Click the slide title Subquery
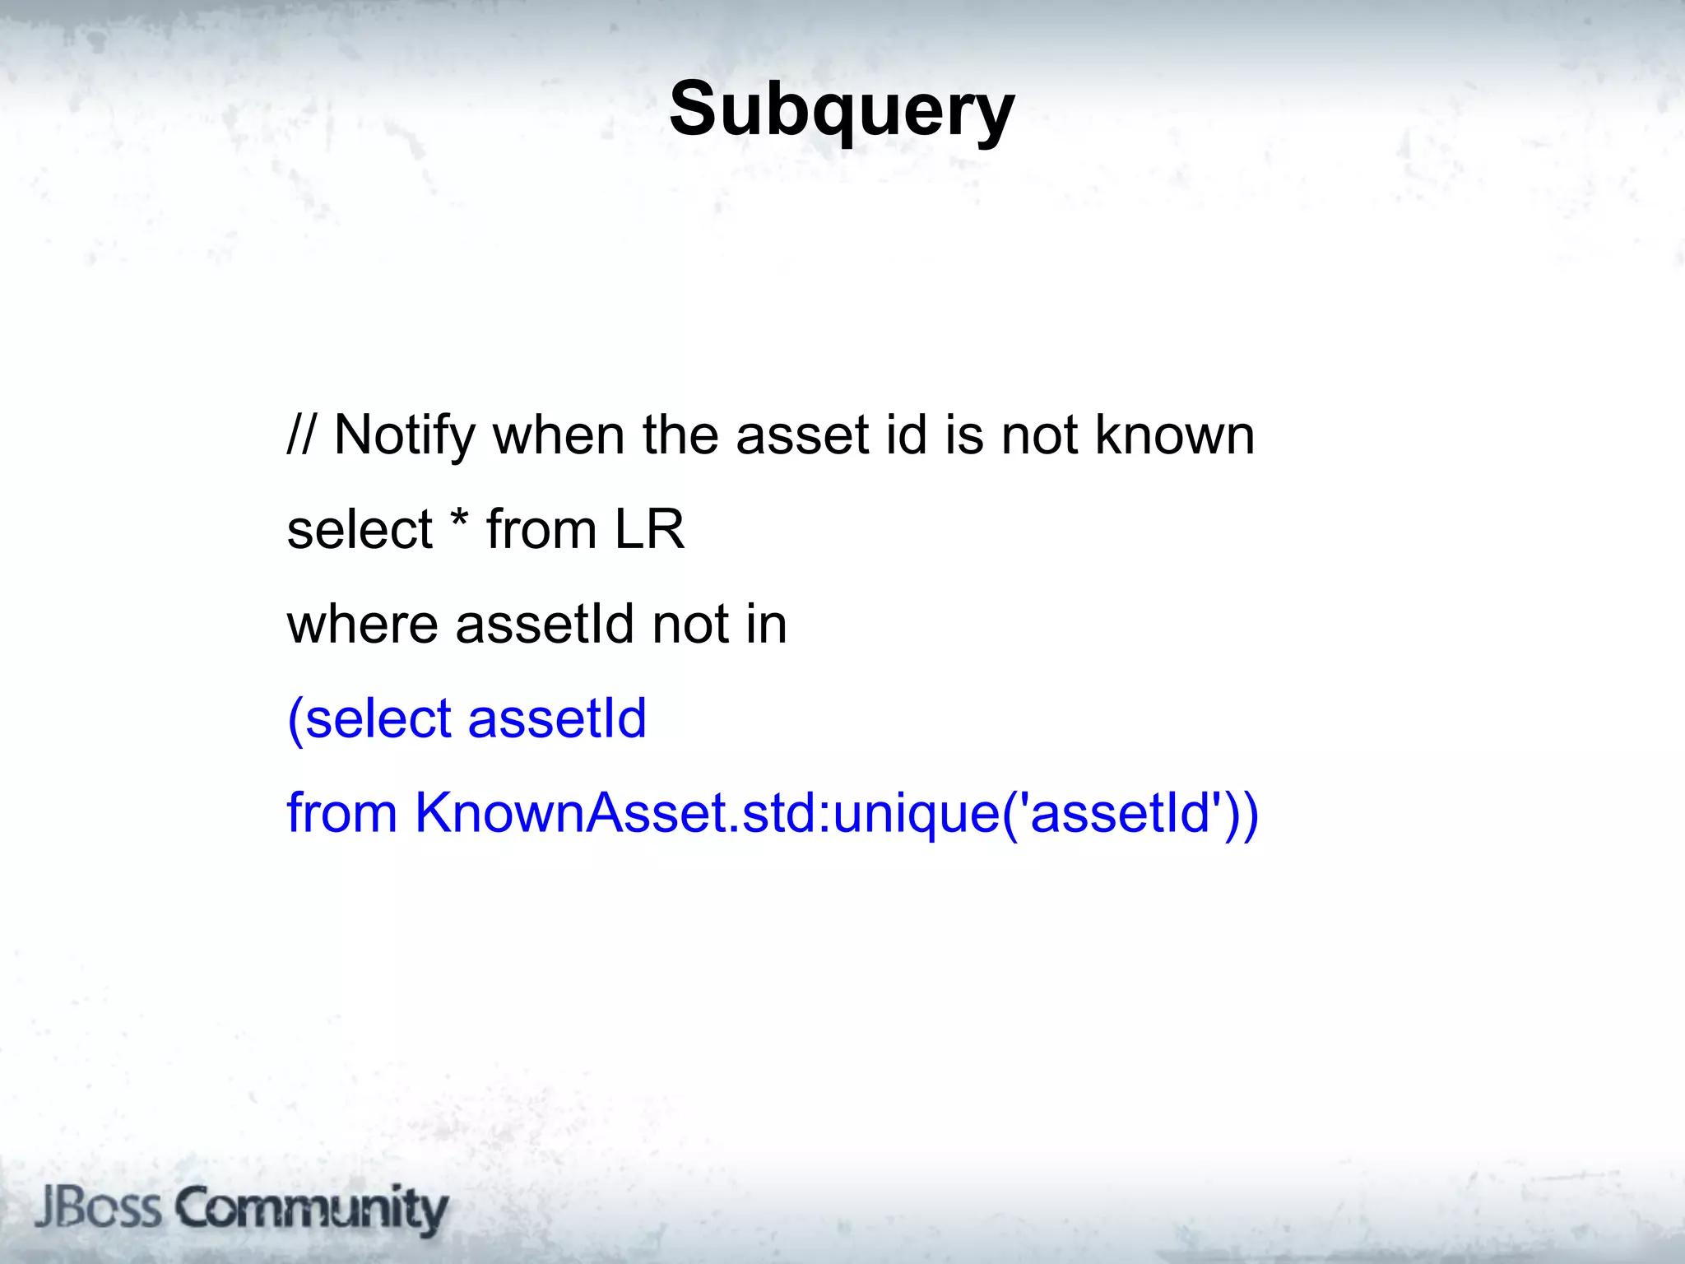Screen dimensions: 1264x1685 click(842, 110)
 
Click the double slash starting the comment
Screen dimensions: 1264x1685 click(300, 434)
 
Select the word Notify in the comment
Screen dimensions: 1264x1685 click(405, 434)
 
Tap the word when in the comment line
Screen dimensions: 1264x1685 click(559, 434)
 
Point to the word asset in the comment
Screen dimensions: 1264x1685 click(802, 434)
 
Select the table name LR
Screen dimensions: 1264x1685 click(650, 529)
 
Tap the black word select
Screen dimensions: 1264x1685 click(360, 529)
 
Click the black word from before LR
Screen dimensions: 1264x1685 click(541, 529)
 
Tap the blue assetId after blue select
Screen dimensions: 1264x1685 click(557, 718)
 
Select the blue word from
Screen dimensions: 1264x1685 click(341, 813)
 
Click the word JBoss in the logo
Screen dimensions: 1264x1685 click(98, 1208)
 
